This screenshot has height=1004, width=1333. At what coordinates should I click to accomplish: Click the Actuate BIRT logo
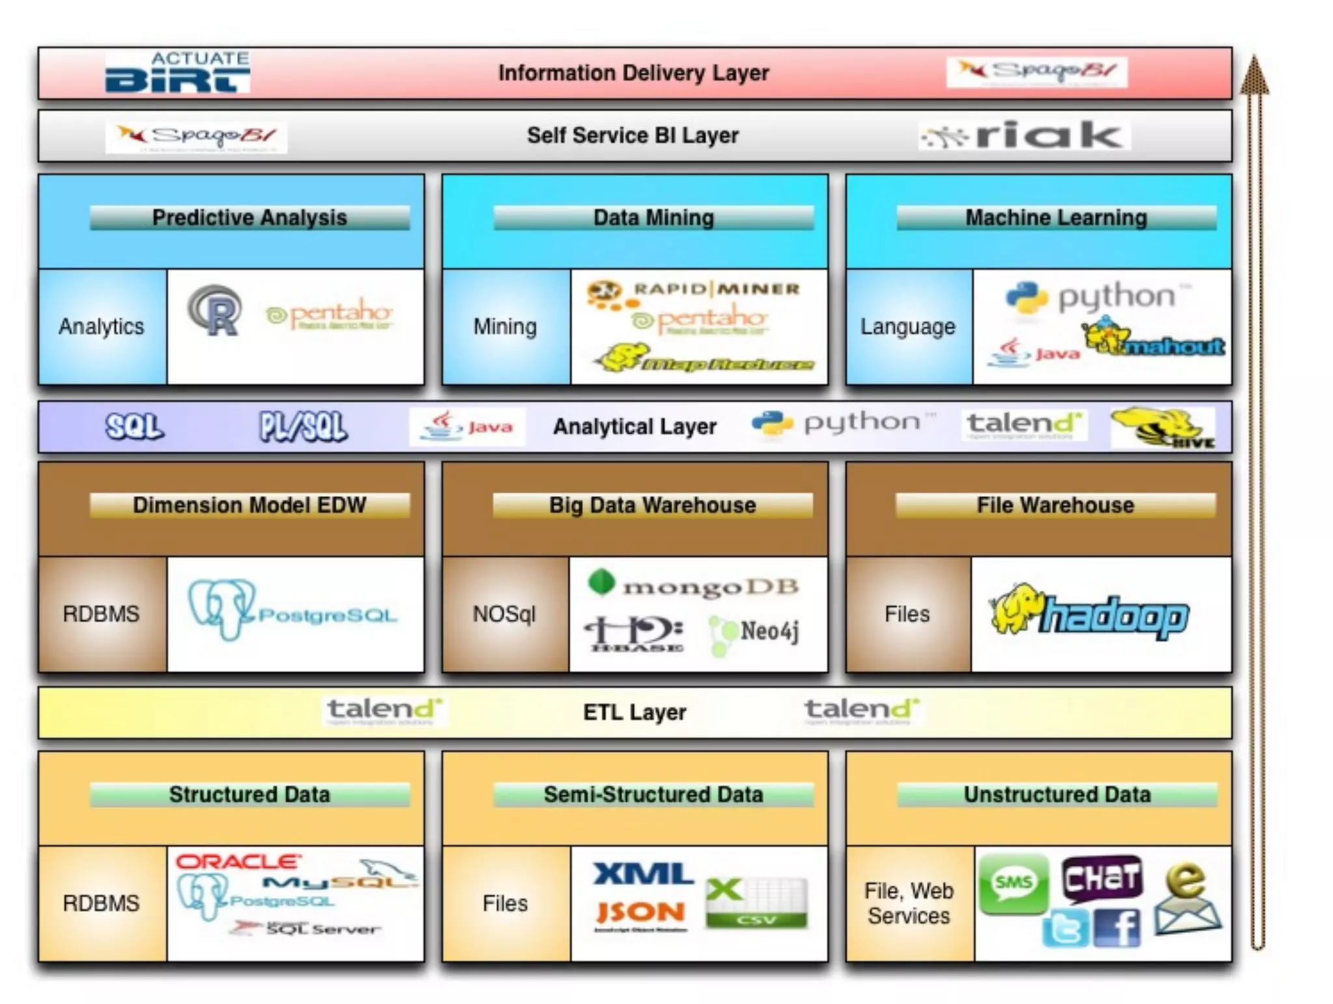click(x=177, y=72)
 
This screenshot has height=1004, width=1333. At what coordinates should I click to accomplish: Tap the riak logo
click(x=1024, y=135)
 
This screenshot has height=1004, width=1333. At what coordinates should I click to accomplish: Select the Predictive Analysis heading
click(x=249, y=217)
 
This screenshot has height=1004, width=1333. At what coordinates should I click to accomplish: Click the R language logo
click(x=215, y=311)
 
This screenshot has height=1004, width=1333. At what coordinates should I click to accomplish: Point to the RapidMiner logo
click(x=694, y=292)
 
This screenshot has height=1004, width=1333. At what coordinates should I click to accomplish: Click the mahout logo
click(x=1153, y=339)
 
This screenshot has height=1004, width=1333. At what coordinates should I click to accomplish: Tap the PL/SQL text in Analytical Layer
click(x=303, y=427)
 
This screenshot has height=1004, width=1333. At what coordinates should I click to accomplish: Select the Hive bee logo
click(x=1162, y=427)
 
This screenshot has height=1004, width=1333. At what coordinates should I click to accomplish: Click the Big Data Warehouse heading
click(x=652, y=505)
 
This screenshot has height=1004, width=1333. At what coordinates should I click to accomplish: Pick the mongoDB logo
click(x=693, y=585)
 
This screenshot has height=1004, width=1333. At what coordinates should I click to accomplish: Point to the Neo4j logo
click(x=755, y=632)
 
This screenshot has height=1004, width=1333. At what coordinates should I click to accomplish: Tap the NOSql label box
click(x=504, y=614)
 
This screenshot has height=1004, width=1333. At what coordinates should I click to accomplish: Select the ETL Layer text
click(x=634, y=712)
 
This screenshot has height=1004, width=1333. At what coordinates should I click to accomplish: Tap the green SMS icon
click(x=1013, y=884)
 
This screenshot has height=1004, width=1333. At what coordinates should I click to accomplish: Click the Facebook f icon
click(x=1117, y=929)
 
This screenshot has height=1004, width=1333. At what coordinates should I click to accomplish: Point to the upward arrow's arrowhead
click(x=1254, y=75)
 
